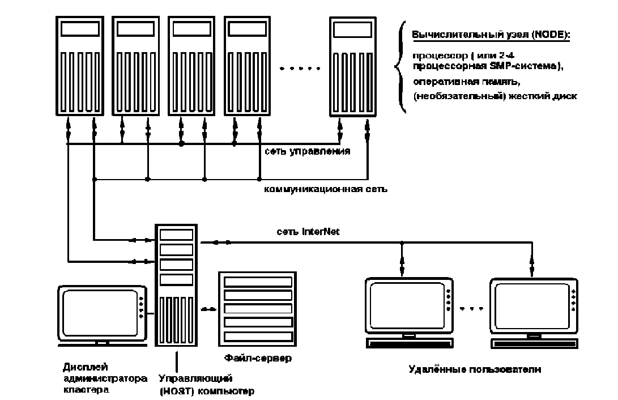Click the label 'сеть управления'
pyautogui.click(x=306, y=151)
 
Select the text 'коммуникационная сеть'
pyautogui.click(x=326, y=188)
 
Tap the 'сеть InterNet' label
pyautogui.click(x=308, y=231)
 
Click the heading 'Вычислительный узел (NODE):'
pyautogui.click(x=491, y=35)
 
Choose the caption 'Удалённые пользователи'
pyautogui.click(x=475, y=369)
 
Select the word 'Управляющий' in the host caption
pyautogui.click(x=195, y=378)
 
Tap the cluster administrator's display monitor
pyautogui.click(x=101, y=314)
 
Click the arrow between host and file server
pyautogui.click(x=209, y=309)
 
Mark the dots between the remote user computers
pyautogui.click(x=471, y=309)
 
